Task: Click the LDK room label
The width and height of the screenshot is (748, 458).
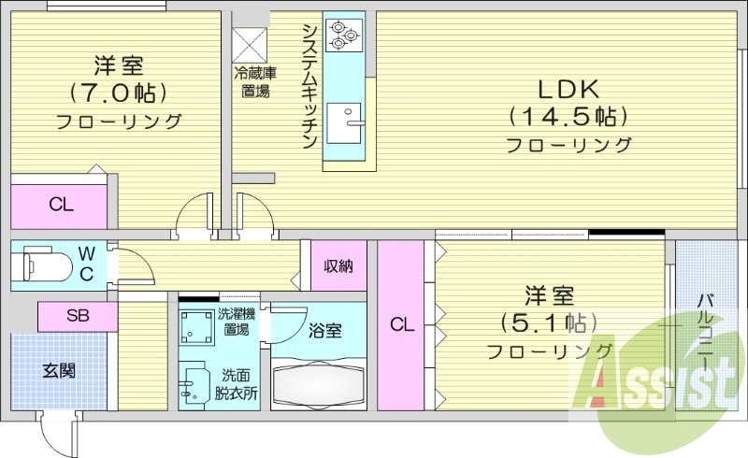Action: pos(568,90)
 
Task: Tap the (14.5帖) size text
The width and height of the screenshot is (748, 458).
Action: pos(568,118)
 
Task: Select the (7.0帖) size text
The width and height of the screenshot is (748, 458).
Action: pos(118,93)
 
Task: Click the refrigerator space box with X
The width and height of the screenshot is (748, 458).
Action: pos(250,43)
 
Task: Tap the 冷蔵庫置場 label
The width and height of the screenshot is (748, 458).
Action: pos(254,82)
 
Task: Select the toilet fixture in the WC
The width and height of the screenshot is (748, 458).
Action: pos(47,262)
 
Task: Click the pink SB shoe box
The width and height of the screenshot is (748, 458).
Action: pos(78,317)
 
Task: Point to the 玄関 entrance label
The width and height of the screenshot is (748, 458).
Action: pos(58,370)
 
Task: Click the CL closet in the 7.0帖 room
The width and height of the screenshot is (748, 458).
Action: pos(62,205)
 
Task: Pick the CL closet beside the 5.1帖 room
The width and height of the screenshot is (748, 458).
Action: pos(401,324)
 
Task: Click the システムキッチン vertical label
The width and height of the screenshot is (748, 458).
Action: pos(309,84)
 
